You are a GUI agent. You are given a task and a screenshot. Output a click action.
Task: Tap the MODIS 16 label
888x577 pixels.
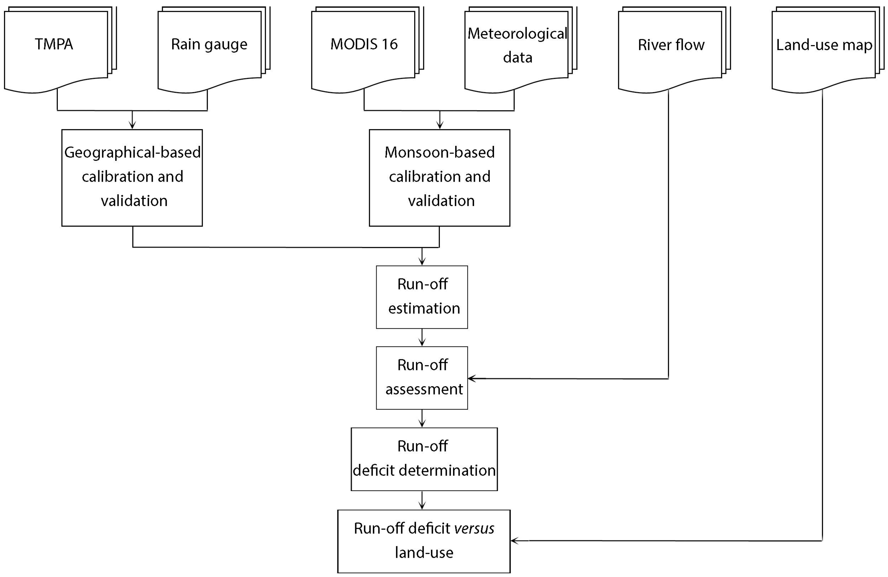[364, 44]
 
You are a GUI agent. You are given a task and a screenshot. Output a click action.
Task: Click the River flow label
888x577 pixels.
[671, 45]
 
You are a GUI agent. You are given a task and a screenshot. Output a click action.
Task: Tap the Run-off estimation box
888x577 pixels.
[422, 297]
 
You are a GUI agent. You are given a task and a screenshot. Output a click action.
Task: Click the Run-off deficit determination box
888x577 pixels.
[424, 459]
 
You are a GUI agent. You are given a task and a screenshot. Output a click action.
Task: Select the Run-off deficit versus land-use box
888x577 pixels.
[424, 541]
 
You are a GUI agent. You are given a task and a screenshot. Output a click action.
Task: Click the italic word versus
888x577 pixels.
[474, 528]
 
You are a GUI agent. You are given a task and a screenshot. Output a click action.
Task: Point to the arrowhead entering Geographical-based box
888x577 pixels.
[132, 126]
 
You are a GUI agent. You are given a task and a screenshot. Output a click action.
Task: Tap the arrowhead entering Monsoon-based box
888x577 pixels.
[440, 126]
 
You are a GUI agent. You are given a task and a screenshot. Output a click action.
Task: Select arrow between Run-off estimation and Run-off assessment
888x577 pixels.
[422, 338]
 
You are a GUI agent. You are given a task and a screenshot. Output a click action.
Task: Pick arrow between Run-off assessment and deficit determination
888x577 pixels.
[422, 419]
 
